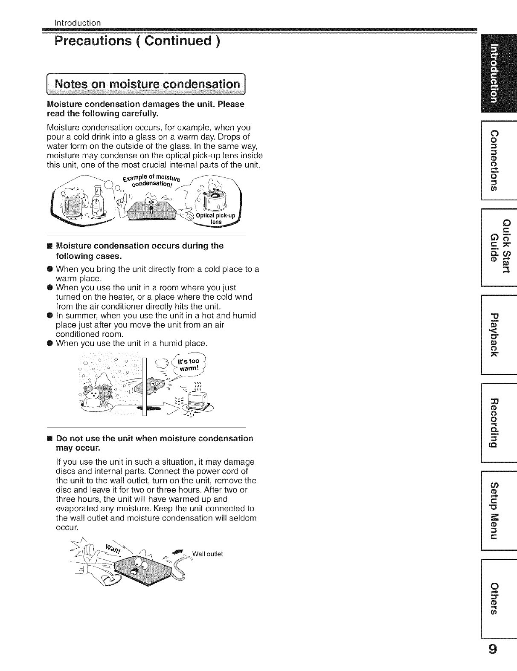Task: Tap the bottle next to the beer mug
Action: pos(99,202)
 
